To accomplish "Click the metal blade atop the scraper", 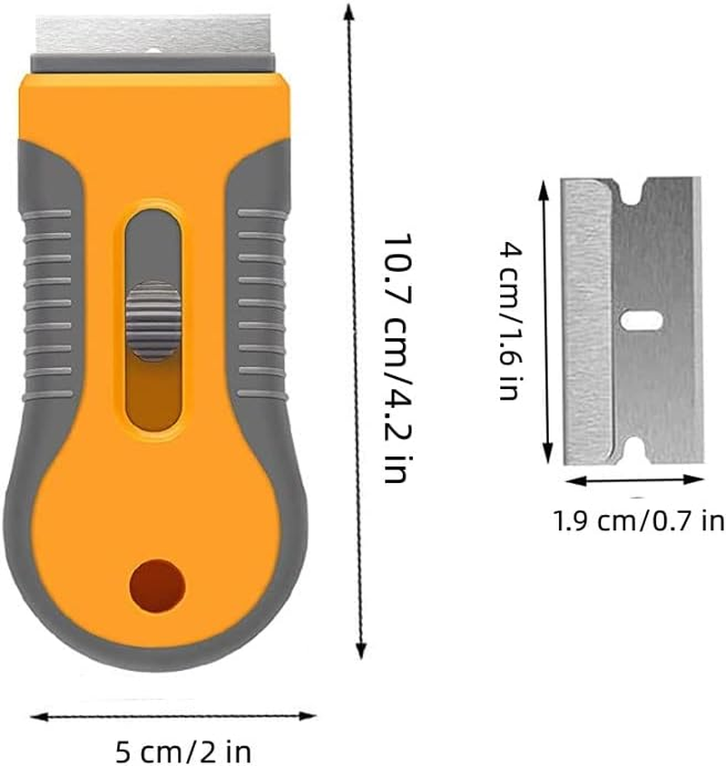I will pos(154,34).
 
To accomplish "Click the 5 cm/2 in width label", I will pos(185,751).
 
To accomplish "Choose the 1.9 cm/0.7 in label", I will pos(639,521).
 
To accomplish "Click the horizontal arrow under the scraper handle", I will pos(172,716).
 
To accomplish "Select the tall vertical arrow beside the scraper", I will pos(353,335).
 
